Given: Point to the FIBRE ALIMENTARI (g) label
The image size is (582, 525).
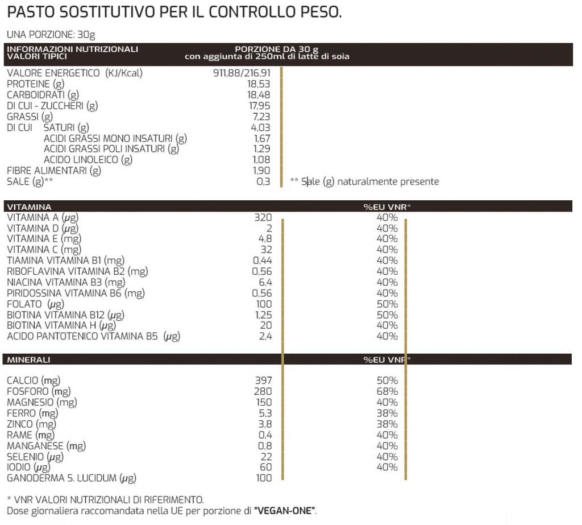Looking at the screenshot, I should pos(54,171).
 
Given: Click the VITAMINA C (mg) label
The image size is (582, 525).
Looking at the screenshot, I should pos(44,250).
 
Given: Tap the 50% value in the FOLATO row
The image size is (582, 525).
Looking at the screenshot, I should pos(387,304).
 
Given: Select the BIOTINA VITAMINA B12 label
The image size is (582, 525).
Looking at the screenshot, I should pos(65,315).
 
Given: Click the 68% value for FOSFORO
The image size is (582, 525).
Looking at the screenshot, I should pos(387,391).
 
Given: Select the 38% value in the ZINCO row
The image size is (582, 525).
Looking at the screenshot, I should pos(387,424).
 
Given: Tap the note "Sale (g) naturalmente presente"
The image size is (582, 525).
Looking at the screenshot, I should pos(370,182).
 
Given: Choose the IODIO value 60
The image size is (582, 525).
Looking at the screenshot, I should pos(265,467).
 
